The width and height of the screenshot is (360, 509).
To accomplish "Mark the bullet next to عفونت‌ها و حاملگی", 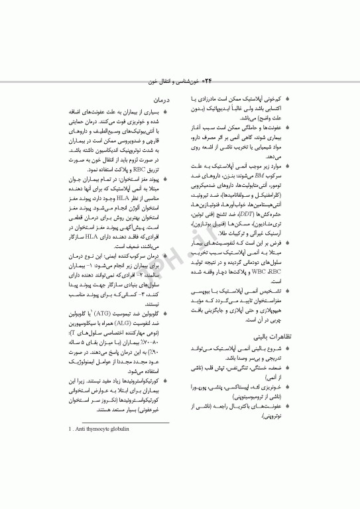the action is pyautogui.click(x=297, y=127).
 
